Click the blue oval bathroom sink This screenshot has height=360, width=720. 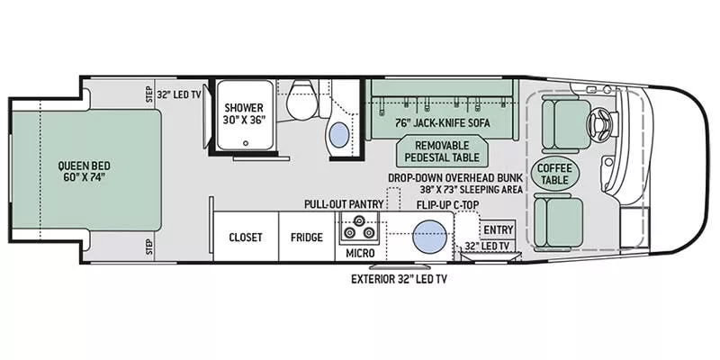pyautogui.click(x=338, y=136)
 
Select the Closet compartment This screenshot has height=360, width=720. pyautogui.click(x=245, y=238)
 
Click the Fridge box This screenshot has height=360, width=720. pyautogui.click(x=306, y=238)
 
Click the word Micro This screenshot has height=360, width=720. pyautogui.click(x=359, y=254)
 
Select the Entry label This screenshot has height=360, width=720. pyautogui.click(x=498, y=230)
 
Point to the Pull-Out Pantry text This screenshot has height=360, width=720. pyautogui.click(x=344, y=204)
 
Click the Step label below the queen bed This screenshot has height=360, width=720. pyautogui.click(x=149, y=245)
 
